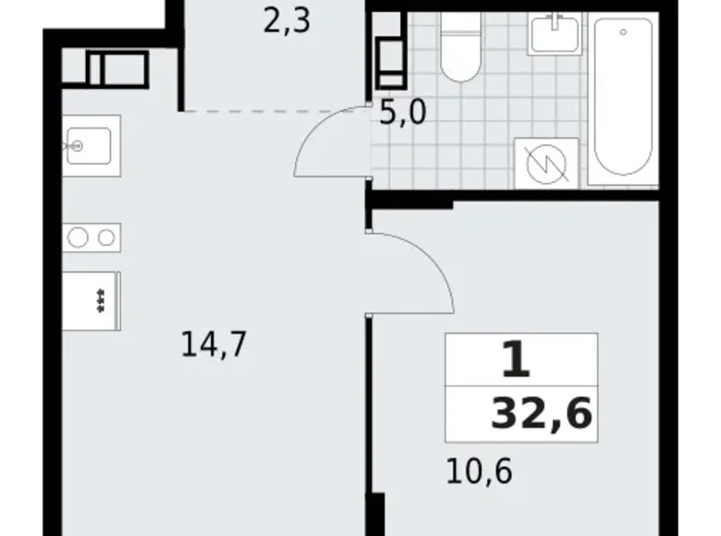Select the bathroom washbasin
pyautogui.click(x=555, y=35)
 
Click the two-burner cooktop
pyautogui.click(x=92, y=238)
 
